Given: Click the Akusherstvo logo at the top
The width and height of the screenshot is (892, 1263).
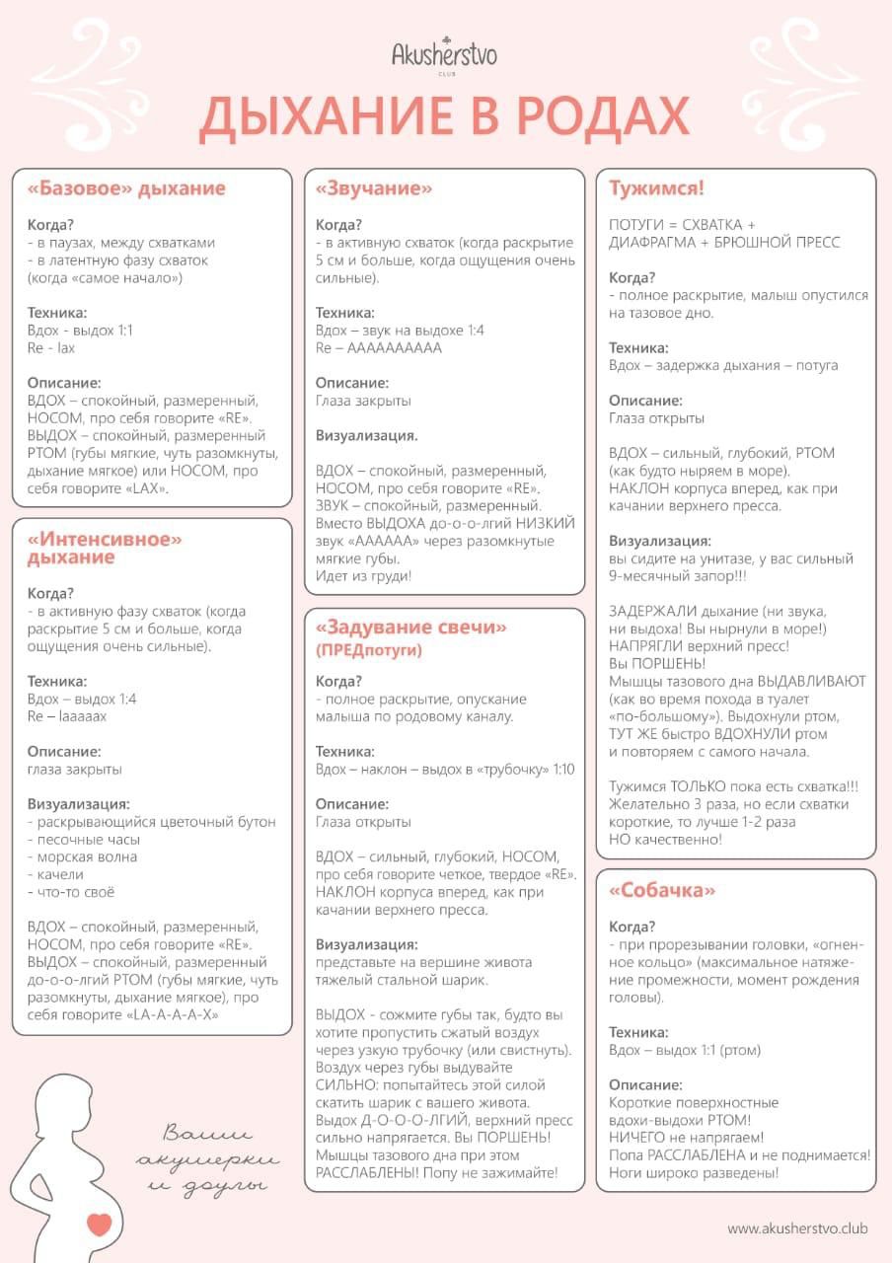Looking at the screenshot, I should pos(444,54).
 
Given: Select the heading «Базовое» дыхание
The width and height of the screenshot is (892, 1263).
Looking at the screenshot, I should pos(126,188).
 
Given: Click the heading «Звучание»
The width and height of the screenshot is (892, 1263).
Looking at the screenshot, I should pos(374,188).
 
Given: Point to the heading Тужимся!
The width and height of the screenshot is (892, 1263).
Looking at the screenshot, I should pos(656,188).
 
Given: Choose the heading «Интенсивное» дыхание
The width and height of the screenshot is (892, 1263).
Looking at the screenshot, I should pos(106,548).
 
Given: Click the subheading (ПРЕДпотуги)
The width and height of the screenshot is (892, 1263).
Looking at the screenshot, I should pos(369,650).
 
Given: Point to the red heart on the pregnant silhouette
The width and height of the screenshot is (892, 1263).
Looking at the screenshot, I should pos(99,1224).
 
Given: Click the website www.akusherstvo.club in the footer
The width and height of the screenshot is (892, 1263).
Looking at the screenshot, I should pos(797,1228).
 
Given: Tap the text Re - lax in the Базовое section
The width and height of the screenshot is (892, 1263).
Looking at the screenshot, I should pos(51,348).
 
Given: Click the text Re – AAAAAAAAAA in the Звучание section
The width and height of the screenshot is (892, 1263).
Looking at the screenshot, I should pos(379,348).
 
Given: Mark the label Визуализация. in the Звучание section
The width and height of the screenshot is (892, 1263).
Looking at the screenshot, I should pos(366,435).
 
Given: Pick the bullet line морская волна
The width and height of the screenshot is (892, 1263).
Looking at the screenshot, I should pos(83,856).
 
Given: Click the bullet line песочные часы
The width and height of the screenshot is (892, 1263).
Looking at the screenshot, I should pos(84,840).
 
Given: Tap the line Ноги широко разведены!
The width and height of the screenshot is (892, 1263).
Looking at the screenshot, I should pos(694,1173).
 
